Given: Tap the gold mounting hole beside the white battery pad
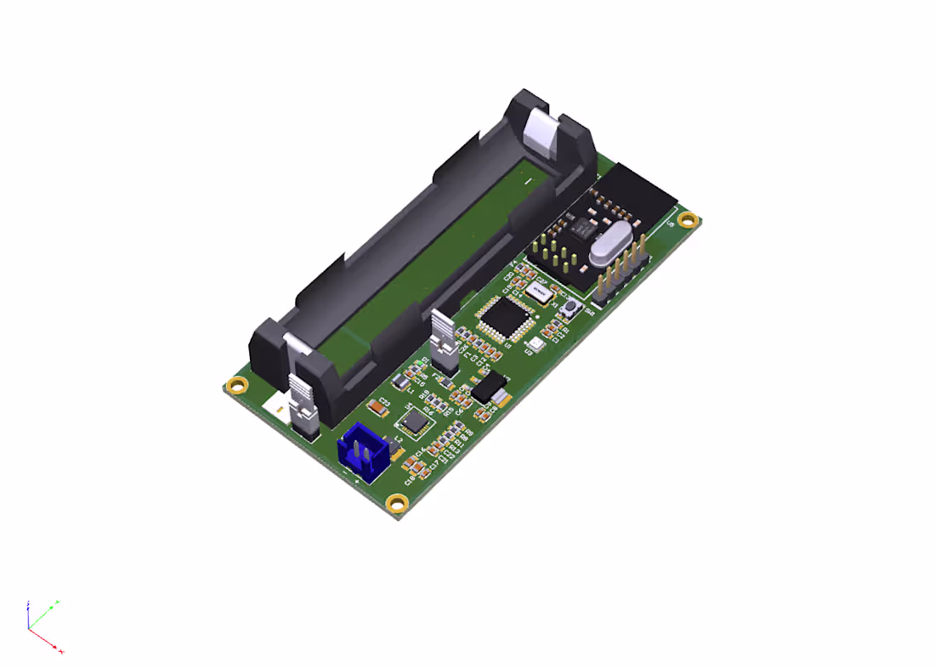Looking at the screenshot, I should (x=239, y=385).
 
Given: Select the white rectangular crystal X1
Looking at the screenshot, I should (x=538, y=292).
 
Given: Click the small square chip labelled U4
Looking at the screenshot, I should (x=414, y=421).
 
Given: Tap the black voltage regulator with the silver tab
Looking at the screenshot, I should (x=489, y=389).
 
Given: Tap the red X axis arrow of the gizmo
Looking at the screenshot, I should (x=59, y=650).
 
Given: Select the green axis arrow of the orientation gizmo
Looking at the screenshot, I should (x=54, y=604).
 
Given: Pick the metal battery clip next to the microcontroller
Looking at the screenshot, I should (x=444, y=339).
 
